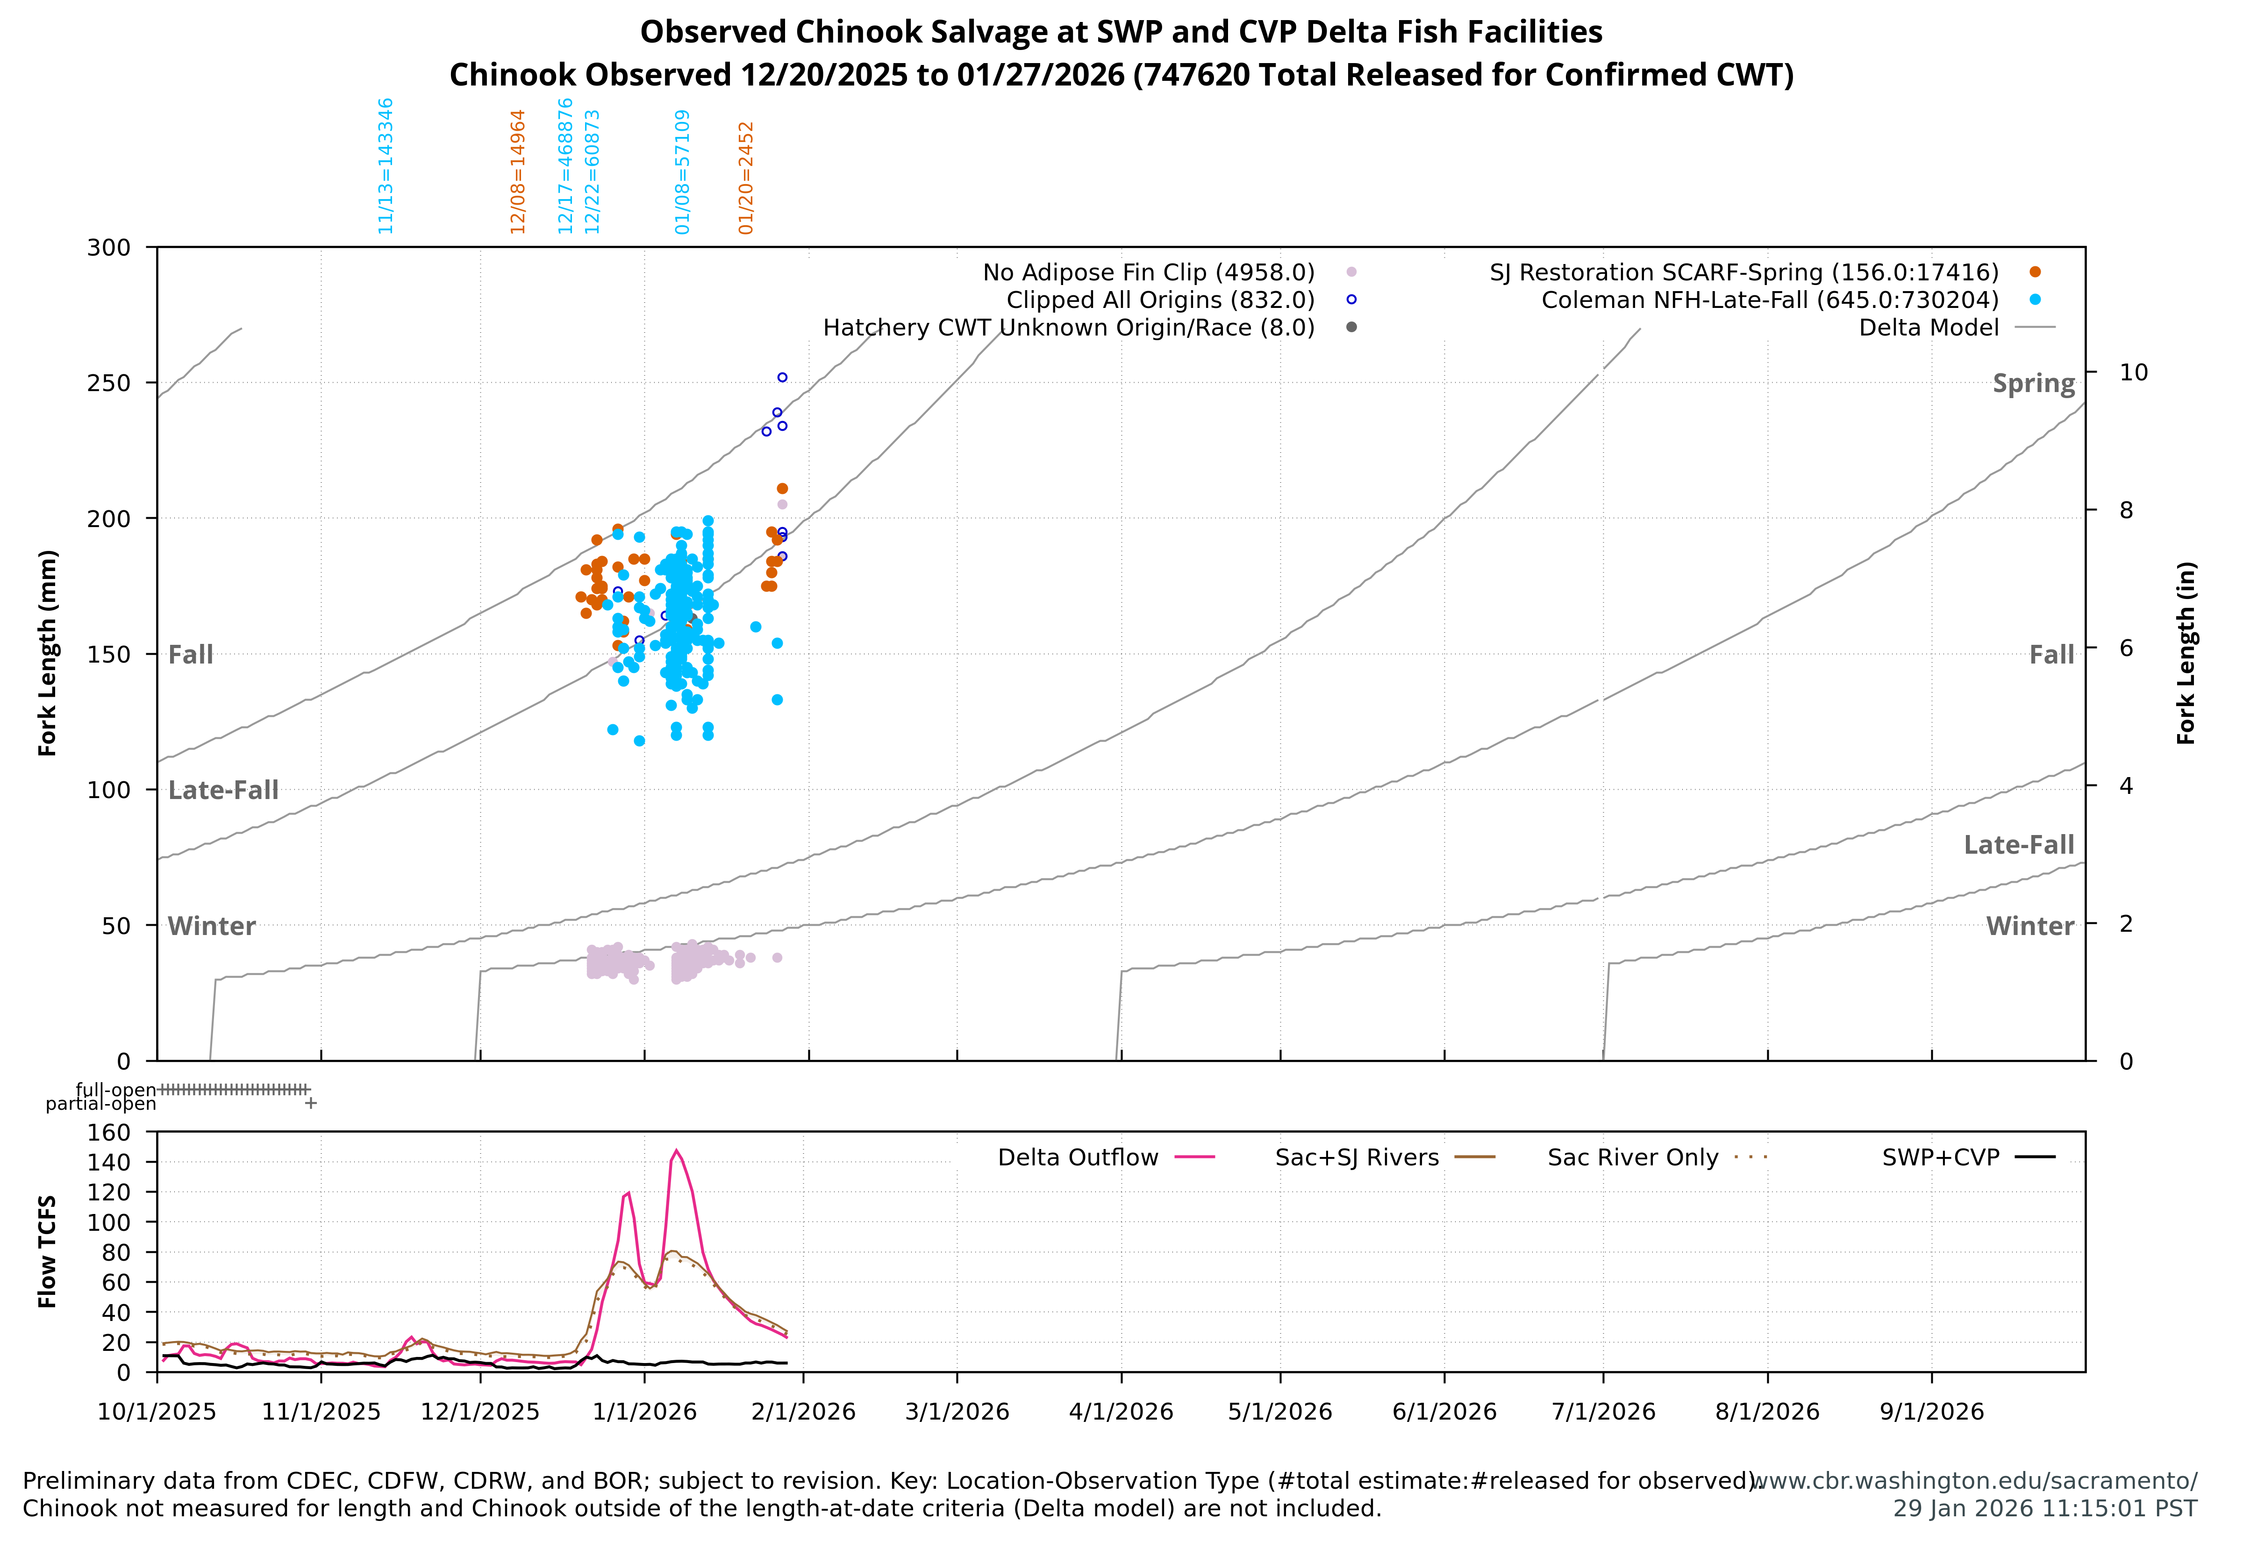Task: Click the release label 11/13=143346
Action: (x=386, y=166)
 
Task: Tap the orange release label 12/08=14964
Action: (x=518, y=172)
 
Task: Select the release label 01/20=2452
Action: (x=746, y=178)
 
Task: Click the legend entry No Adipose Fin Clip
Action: (x=1149, y=272)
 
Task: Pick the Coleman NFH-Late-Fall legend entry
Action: (x=1770, y=300)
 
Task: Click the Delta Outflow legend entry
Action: (x=1078, y=1157)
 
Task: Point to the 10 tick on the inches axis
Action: (x=2133, y=373)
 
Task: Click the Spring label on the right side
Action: (x=2033, y=384)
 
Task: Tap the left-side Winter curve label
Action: (x=212, y=927)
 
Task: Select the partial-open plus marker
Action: (x=310, y=1102)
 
